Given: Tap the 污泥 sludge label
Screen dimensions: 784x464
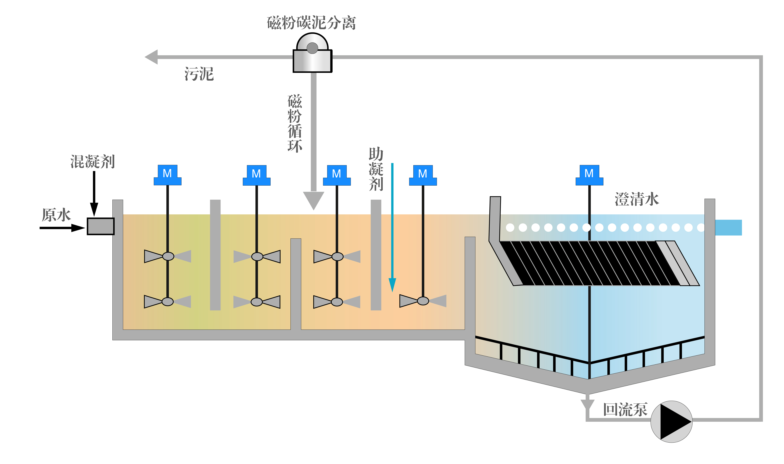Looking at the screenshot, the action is pyautogui.click(x=199, y=74).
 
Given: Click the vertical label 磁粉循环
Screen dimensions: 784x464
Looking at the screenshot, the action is pyautogui.click(x=295, y=123).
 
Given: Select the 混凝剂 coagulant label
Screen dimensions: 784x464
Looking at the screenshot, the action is pyautogui.click(x=92, y=162).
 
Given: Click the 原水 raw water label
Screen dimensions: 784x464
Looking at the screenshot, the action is pyautogui.click(x=56, y=215).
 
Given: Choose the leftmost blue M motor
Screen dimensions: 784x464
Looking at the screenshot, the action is pyautogui.click(x=168, y=175).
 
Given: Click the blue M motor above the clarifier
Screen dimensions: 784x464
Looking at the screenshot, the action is pyautogui.click(x=589, y=175).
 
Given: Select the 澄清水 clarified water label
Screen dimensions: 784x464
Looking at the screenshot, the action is pyautogui.click(x=637, y=199).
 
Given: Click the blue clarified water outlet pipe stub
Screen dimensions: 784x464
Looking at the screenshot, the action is pyautogui.click(x=728, y=228).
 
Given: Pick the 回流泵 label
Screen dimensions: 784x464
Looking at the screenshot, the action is pyautogui.click(x=625, y=410).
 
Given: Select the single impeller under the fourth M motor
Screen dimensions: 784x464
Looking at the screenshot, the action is pyautogui.click(x=423, y=301).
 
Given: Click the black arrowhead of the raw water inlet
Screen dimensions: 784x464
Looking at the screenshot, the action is pyautogui.click(x=78, y=228).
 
